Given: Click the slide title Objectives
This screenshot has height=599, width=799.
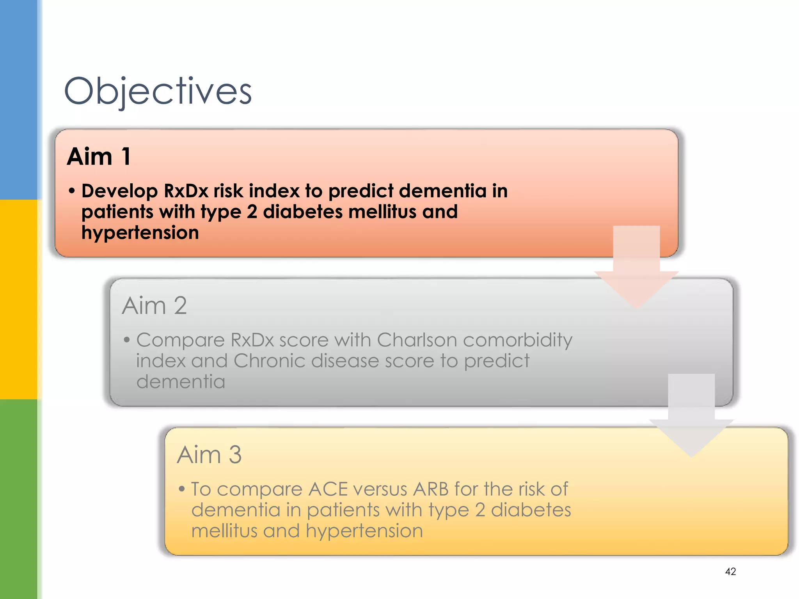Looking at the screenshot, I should click(x=158, y=92).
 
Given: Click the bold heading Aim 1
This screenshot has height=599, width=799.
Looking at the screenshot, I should click(x=99, y=157).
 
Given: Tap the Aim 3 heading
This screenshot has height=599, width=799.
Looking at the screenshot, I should click(x=210, y=455).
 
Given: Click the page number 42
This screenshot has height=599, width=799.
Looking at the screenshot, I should click(x=730, y=572).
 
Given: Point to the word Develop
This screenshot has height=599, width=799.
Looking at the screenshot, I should click(x=119, y=191).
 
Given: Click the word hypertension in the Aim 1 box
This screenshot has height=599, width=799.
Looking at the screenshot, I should click(x=140, y=233).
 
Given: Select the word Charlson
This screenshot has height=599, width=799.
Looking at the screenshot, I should click(x=417, y=340).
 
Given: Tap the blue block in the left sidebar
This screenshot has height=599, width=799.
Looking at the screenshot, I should click(x=19, y=99).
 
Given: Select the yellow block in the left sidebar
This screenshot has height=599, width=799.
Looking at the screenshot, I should click(x=19, y=299).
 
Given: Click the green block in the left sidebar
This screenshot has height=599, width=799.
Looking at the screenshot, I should click(x=19, y=499).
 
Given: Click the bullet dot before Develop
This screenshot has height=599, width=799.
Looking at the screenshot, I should click(x=72, y=191).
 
